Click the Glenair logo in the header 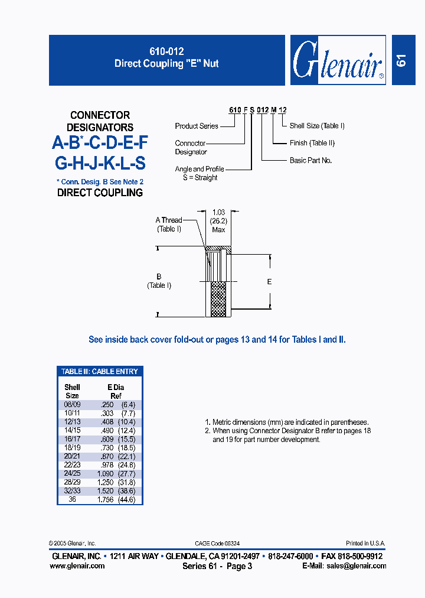[x=338, y=60]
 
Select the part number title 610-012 [x=166, y=52]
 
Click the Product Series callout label [x=197, y=126]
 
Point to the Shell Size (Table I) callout [x=317, y=126]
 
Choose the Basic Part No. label [x=310, y=160]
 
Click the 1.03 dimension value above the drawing [x=219, y=212]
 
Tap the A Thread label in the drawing [x=169, y=220]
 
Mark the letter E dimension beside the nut [x=269, y=282]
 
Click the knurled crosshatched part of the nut [x=218, y=298]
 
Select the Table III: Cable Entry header [x=100, y=372]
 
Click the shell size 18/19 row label [x=72, y=448]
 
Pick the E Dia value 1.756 [x=106, y=499]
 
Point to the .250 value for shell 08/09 [x=107, y=405]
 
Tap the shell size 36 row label [x=72, y=499]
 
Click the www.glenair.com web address [x=77, y=565]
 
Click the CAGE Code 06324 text [x=217, y=543]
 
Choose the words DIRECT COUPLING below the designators [x=100, y=193]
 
